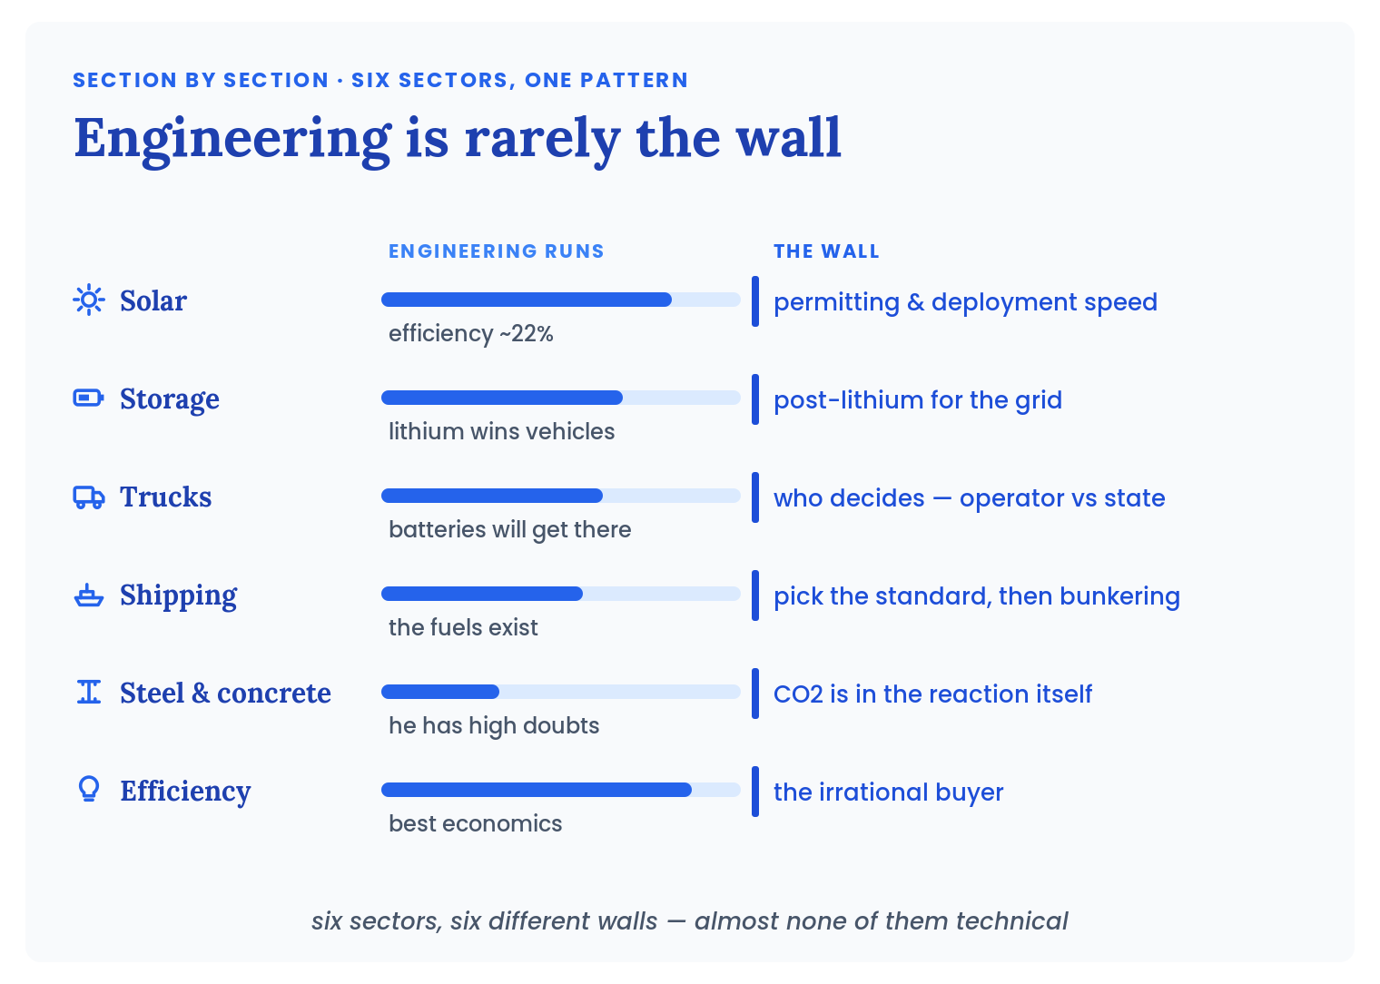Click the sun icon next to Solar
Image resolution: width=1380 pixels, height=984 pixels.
tap(89, 300)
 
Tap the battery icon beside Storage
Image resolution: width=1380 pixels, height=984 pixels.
tap(89, 398)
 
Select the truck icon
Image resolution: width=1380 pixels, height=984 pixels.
tap(89, 497)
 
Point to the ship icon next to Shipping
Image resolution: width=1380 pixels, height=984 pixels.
tap(89, 595)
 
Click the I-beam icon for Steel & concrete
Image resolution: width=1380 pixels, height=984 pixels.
tap(89, 692)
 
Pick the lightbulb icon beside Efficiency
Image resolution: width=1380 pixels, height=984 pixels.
tap(89, 790)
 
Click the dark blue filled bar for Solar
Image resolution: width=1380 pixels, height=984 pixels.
tap(527, 300)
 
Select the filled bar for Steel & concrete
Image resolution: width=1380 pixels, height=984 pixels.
tap(439, 692)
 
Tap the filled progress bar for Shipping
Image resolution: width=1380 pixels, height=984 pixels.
tap(482, 594)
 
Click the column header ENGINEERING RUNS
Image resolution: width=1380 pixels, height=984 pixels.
tap(496, 251)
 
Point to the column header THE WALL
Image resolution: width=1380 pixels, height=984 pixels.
tap(826, 251)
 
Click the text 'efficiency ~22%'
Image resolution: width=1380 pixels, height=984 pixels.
tap(470, 333)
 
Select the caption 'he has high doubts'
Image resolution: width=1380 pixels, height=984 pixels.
tap(494, 726)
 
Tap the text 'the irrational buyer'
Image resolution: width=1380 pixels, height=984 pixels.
tap(888, 792)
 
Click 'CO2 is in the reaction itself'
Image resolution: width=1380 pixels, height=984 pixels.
tap(932, 694)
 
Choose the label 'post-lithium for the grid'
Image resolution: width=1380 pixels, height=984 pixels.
tap(917, 400)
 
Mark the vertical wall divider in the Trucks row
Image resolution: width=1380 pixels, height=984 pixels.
tap(754, 497)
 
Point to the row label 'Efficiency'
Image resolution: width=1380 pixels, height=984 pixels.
tap(185, 792)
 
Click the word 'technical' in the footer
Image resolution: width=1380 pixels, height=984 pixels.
tap(1011, 921)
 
